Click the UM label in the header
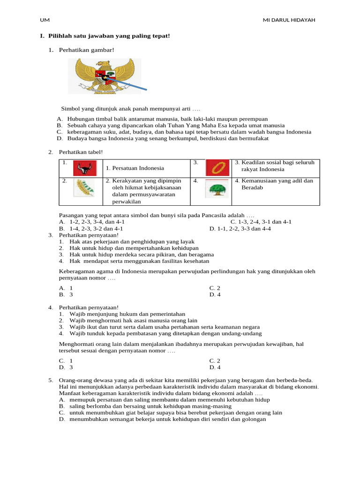[x=45, y=20]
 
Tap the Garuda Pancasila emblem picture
[x=104, y=75]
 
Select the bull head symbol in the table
[x=85, y=167]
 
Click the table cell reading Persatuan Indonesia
[x=135, y=168]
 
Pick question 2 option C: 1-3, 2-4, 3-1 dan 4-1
[x=261, y=222]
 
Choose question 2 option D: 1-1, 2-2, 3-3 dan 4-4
[x=240, y=229]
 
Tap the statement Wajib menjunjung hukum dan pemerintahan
[x=127, y=314]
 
